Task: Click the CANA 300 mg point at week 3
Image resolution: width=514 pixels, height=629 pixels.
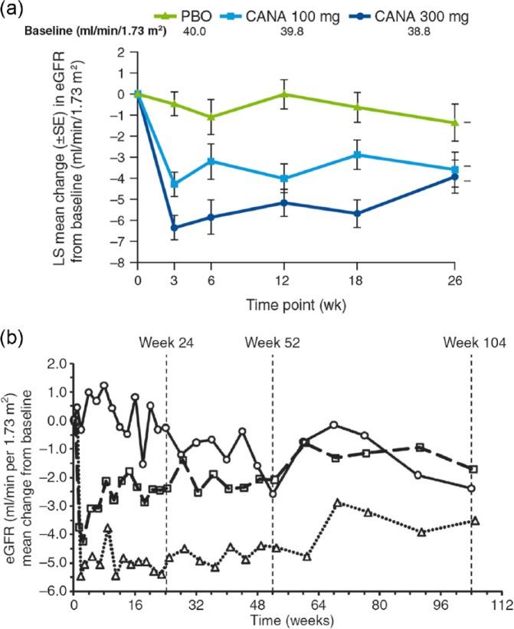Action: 174,228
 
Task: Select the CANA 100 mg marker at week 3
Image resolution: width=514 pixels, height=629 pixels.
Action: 174,184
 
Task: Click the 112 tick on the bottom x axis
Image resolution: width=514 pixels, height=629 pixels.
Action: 501,604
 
